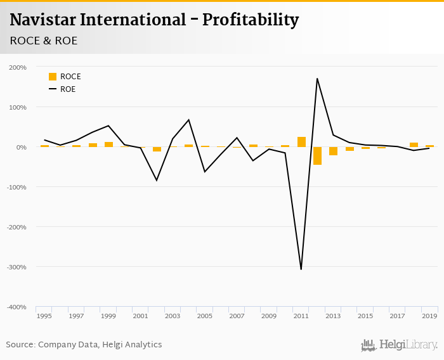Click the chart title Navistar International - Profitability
click(x=154, y=20)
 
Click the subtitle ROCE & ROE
click(x=44, y=41)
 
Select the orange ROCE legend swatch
click(x=53, y=77)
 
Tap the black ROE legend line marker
click(x=53, y=89)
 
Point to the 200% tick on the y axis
click(x=18, y=67)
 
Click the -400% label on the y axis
click(x=16, y=307)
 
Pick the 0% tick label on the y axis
click(x=21, y=147)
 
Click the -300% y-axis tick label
click(x=16, y=267)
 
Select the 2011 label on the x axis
click(x=301, y=316)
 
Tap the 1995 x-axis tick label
click(x=44, y=316)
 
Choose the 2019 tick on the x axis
click(x=429, y=316)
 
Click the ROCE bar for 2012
click(x=317, y=156)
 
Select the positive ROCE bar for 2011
click(x=301, y=142)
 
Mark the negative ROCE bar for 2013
click(x=334, y=151)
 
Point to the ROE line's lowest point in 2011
click(x=301, y=269)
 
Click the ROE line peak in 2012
click(x=317, y=79)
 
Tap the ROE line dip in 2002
click(x=157, y=180)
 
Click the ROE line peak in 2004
click(x=188, y=120)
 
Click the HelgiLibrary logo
click(x=399, y=345)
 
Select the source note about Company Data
click(x=84, y=345)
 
